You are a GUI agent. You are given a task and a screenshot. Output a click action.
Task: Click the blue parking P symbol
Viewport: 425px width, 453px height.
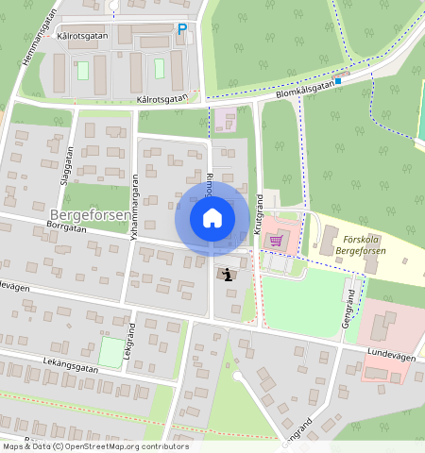click(x=181, y=29)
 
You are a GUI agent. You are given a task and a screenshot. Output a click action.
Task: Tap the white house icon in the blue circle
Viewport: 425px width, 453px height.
click(x=212, y=218)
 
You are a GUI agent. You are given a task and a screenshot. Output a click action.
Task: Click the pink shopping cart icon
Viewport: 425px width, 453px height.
click(x=276, y=240)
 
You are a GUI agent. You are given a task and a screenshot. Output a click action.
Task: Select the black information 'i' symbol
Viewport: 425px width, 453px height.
click(x=228, y=274)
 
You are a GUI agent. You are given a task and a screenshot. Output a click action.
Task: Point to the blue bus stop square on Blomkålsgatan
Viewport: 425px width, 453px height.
click(x=337, y=80)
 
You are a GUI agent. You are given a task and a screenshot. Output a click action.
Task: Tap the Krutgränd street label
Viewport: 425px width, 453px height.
click(x=257, y=214)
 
